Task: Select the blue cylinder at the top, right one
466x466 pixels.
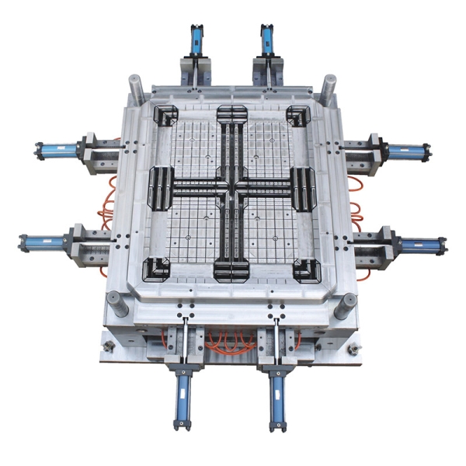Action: pos(269,39)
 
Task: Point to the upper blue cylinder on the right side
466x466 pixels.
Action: pos(406,150)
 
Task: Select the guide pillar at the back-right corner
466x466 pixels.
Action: pos(329,85)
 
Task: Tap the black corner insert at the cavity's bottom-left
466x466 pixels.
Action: pos(158,268)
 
